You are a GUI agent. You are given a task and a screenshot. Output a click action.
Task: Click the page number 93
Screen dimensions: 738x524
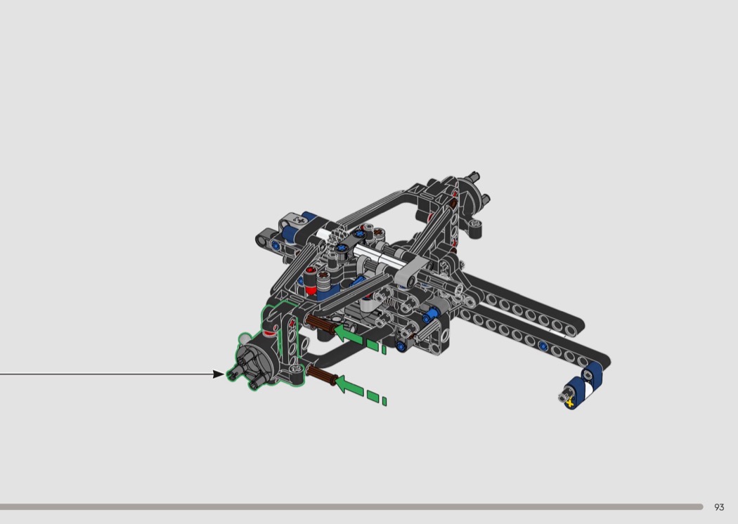click(719, 507)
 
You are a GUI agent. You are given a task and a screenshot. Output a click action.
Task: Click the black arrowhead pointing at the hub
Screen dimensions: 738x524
click(219, 374)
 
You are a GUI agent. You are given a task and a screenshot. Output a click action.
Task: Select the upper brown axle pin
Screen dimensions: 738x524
click(320, 324)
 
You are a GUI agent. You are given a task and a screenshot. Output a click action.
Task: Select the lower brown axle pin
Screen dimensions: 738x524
click(321, 375)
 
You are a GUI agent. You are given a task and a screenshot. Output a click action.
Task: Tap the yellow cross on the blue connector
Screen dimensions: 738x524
click(570, 402)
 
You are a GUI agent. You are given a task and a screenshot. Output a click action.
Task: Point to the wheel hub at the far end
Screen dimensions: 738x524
click(473, 193)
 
